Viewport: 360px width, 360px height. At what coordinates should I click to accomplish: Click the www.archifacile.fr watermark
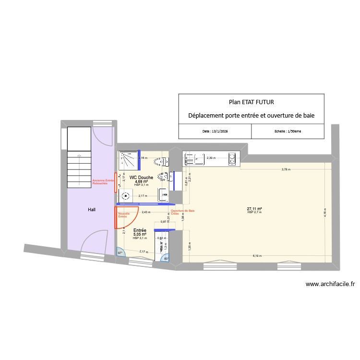tap(330, 284)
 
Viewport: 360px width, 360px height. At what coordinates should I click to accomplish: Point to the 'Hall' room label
tap(91, 210)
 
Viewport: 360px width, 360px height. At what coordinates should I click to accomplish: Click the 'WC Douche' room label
tap(141, 177)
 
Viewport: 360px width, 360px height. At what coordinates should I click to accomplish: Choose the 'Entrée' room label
tap(140, 230)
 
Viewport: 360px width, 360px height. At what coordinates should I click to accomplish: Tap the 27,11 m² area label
tap(254, 209)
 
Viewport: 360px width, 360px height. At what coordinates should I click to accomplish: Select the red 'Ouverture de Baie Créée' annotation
tap(182, 212)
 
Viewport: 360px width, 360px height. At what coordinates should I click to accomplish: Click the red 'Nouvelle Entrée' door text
tap(124, 215)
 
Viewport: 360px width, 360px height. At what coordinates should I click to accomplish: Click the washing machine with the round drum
tap(126, 195)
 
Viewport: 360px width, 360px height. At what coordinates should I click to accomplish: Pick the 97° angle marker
tap(120, 252)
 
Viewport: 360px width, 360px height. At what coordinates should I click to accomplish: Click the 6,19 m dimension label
tap(258, 256)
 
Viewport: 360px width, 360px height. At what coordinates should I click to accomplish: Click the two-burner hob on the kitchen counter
tap(232, 158)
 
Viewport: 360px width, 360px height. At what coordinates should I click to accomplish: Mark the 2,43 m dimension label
tap(145, 211)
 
